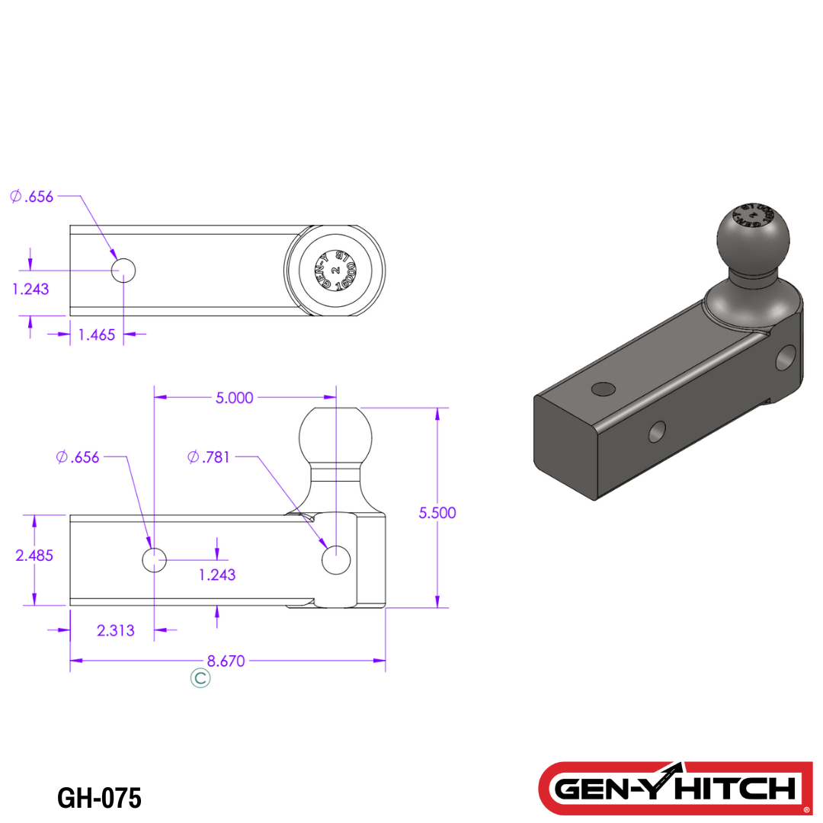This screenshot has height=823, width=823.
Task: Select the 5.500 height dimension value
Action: point(437,512)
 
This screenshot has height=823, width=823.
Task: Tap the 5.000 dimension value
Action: point(234,398)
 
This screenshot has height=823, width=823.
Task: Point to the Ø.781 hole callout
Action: point(209,457)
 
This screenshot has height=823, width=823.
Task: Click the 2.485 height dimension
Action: point(34,556)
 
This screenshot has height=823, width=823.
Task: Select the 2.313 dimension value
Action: point(116,630)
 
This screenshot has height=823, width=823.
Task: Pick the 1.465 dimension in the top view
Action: point(97,335)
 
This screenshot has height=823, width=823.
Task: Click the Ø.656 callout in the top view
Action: point(32,197)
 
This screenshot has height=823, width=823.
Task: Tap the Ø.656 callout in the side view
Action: point(78,457)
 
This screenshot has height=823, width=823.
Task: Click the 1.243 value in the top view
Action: point(30,289)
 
